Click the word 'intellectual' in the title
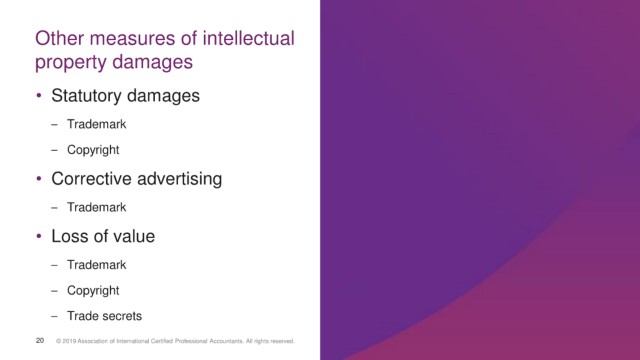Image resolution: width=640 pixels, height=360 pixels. pos(248,38)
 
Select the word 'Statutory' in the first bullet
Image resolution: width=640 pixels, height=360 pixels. pos(87,96)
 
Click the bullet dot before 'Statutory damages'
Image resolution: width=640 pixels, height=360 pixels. pos(39,96)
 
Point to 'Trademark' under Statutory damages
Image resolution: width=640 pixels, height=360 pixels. pos(96,124)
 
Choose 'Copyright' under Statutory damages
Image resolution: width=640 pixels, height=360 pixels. pos(93,150)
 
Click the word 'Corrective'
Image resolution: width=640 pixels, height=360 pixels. pos(91,179)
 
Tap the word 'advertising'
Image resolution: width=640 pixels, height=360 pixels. pos(180,180)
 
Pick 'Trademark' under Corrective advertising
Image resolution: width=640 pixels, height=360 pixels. pos(96,207)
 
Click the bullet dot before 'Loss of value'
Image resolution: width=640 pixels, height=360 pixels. pos(39,236)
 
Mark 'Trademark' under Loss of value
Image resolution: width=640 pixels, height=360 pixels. pos(96,265)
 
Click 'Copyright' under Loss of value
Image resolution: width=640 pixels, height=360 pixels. pos(93,291)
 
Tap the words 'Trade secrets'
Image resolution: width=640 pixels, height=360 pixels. pos(104,316)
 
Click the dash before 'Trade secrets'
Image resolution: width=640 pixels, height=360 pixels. pos(54,316)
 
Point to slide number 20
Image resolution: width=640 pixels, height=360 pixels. pos(40,340)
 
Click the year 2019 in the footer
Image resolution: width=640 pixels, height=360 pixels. pos(69,341)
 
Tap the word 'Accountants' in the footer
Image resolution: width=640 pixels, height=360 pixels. pos(226,341)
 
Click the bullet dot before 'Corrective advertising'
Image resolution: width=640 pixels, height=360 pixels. pos(39,178)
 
